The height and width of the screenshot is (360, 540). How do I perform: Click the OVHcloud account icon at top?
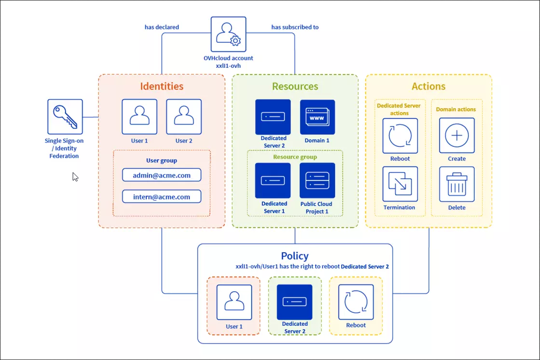[x=228, y=34]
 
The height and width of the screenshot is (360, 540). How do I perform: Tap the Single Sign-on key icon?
[x=65, y=116]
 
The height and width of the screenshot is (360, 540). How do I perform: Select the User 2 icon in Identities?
[x=184, y=116]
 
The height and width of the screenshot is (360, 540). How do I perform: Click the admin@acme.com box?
[x=162, y=175]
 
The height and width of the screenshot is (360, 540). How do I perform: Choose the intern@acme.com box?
[x=162, y=197]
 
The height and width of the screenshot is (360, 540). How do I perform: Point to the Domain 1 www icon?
[x=317, y=117]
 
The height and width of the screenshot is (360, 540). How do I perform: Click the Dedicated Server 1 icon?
[x=273, y=180]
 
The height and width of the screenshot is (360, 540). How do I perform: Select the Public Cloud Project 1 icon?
[x=317, y=180]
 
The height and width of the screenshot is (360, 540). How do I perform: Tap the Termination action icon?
[x=400, y=184]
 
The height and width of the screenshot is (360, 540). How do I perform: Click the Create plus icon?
[x=457, y=135]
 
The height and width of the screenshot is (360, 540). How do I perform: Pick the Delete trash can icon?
[x=457, y=184]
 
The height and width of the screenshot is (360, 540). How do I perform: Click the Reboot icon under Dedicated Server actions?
[x=400, y=135]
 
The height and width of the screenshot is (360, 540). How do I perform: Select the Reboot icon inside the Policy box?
[x=356, y=302]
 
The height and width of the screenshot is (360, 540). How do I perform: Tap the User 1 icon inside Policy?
[x=234, y=302]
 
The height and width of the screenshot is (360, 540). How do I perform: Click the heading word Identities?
[x=162, y=87]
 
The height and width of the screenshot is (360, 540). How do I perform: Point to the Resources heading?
[x=295, y=87]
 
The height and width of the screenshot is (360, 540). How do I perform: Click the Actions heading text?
[x=428, y=87]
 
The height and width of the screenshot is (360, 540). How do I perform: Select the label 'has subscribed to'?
[x=295, y=27]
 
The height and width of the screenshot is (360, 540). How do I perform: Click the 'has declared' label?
[x=162, y=27]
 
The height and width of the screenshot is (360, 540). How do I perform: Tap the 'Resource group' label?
[x=295, y=157]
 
